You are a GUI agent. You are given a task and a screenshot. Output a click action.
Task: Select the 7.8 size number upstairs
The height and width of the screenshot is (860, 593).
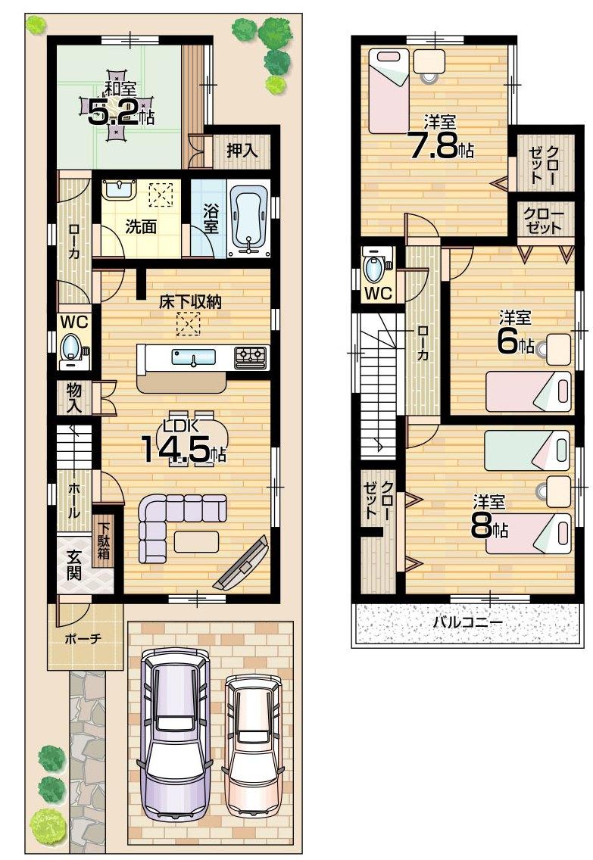(432, 145)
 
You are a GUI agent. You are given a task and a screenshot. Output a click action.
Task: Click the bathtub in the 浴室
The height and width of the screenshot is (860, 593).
(248, 214)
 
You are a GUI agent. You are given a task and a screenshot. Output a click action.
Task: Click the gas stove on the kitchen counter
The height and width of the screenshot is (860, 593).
(251, 356)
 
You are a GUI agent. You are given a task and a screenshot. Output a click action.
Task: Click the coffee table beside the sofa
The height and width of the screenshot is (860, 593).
(195, 542)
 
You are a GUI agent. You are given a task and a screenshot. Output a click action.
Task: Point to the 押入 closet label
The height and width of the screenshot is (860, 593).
(242, 150)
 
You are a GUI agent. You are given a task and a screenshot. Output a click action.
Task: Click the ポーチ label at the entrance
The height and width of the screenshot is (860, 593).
(83, 638)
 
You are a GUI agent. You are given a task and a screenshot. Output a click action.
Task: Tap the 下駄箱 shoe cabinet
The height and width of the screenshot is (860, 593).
(103, 542)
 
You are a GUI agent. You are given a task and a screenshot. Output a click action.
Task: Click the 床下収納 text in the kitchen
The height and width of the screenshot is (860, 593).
(189, 301)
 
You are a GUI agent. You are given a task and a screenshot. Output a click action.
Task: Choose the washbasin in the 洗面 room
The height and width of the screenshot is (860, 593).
(118, 189)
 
